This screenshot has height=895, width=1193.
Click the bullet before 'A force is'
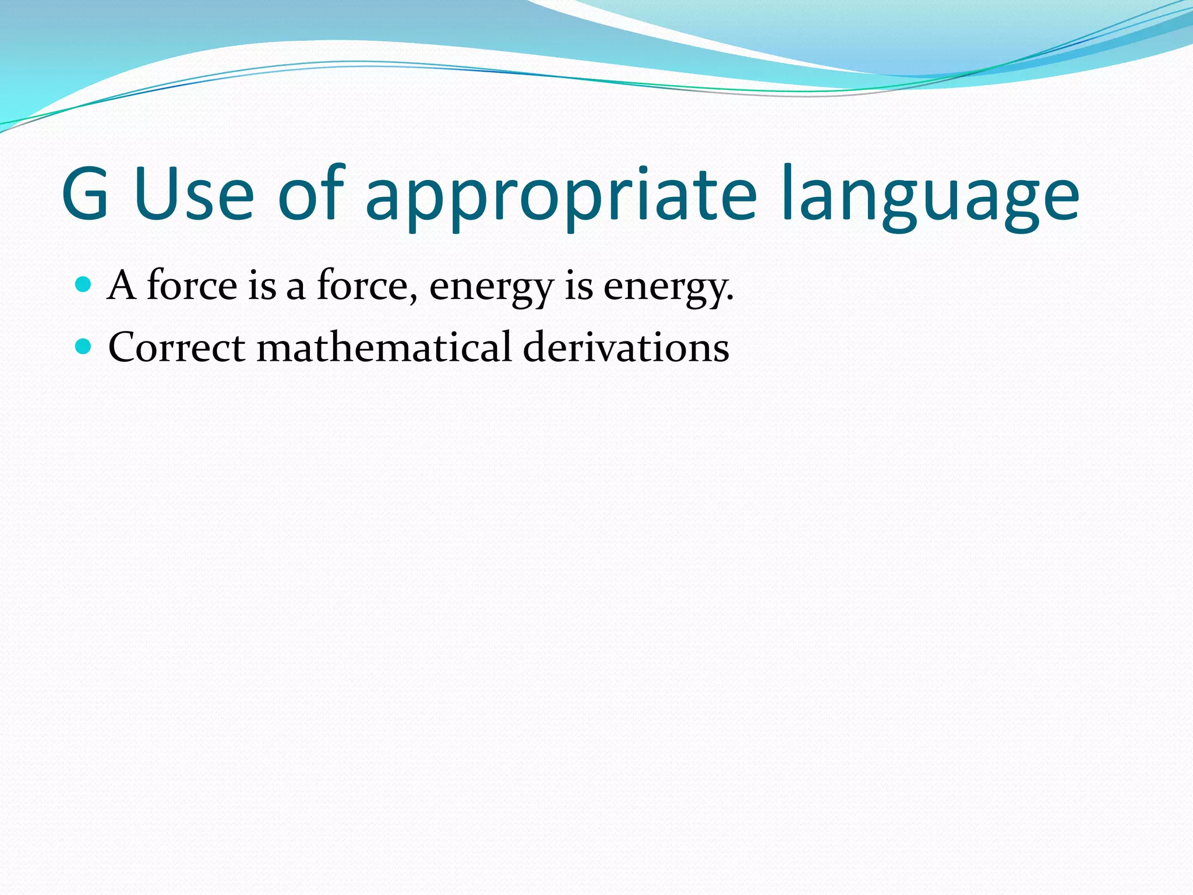(84, 284)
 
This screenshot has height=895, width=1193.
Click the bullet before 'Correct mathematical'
(84, 347)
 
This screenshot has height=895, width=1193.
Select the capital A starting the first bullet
(122, 285)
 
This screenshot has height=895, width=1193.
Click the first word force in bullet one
(192, 285)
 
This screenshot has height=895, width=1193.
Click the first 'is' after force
(262, 285)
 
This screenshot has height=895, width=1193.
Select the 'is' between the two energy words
(578, 285)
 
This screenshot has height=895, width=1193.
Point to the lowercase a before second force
(296, 287)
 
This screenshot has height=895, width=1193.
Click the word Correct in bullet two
(177, 347)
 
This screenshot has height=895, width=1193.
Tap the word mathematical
(384, 347)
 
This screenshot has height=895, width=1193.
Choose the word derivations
(626, 347)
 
